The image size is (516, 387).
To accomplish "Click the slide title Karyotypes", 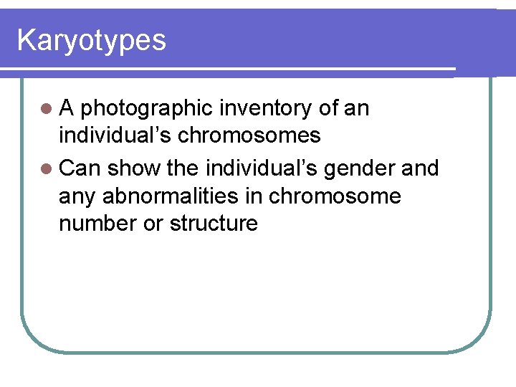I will tap(91, 40).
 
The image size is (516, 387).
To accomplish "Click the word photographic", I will tap(146, 109).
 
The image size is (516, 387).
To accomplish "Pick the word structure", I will tap(214, 223).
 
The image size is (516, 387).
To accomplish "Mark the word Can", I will tap(80, 169).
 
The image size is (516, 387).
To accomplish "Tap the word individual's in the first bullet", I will tap(111, 135).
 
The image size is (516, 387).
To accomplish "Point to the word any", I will tap(78, 196).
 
